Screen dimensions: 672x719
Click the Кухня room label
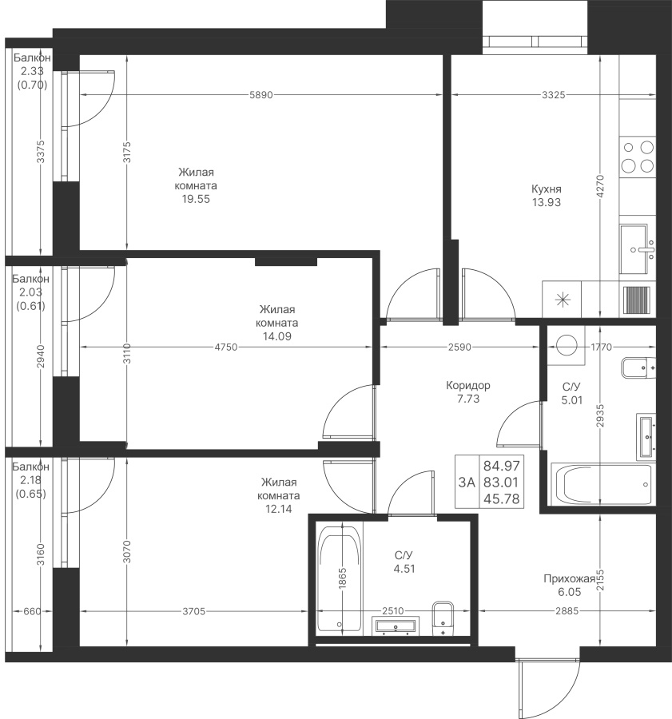[547, 189]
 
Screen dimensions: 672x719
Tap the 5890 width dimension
[261, 95]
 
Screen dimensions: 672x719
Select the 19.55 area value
[196, 199]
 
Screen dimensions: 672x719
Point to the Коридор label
[468, 385]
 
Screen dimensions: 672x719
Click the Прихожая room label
[569, 578]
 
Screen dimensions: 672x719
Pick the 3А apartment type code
[467, 482]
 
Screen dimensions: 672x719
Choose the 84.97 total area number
[502, 466]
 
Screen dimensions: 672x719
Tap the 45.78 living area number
[502, 499]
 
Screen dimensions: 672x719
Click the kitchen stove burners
[637, 157]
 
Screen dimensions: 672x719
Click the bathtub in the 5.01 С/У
[602, 484]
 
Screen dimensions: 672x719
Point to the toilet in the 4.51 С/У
[443, 618]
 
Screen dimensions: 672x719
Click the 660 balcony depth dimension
[32, 611]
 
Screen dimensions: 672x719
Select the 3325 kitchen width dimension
[554, 95]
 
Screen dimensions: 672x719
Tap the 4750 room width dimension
[226, 348]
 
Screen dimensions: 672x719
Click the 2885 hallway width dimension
[567, 611]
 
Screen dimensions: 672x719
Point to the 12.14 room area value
[279, 509]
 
